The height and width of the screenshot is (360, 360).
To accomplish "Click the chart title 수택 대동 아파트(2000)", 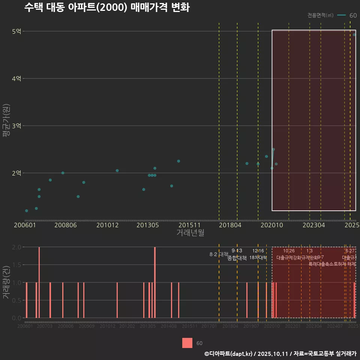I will (x=107, y=7).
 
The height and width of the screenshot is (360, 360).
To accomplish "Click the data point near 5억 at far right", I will (x=354, y=34).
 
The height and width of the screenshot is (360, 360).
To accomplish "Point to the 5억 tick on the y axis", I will (x=16, y=31).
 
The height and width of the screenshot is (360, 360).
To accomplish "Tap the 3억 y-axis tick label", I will (x=16, y=126).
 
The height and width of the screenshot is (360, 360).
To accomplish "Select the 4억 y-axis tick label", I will (x=16, y=78).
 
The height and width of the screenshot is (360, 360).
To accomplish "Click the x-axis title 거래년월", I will (x=190, y=233).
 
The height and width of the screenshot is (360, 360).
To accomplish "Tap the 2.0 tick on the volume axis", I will (x=16, y=247).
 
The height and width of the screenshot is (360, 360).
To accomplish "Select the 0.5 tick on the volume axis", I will (x=16, y=300).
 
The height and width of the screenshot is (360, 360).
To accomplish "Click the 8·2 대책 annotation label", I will (x=219, y=254).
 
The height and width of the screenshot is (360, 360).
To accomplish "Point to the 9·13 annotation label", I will (x=237, y=250).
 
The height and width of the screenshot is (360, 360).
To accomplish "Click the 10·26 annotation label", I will (x=289, y=250).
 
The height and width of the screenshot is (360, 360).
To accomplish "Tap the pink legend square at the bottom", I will (x=187, y=343).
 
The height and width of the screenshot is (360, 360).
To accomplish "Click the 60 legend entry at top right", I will (x=353, y=15).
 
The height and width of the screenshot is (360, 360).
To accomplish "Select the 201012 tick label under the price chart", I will (x=107, y=225).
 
